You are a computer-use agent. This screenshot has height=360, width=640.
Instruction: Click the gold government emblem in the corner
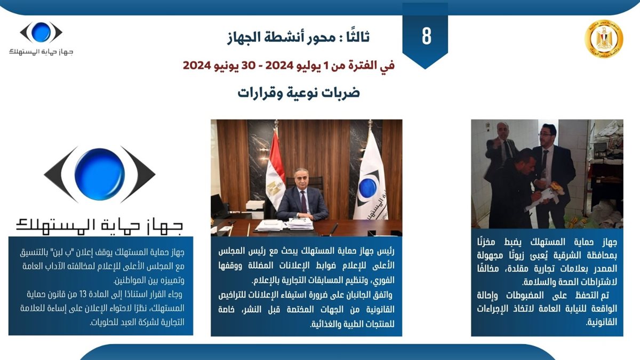[604, 39]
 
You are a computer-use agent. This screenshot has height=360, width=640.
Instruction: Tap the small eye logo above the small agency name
[41, 33]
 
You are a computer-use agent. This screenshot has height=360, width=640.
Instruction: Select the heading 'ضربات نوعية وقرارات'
[299, 93]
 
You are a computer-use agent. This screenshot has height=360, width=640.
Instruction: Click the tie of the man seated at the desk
[303, 202]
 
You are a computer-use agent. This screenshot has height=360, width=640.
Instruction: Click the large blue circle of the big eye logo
[99, 174]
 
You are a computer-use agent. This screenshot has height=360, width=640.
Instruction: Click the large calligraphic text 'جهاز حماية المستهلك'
[99, 226]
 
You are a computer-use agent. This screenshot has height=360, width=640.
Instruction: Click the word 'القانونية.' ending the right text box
[602, 322]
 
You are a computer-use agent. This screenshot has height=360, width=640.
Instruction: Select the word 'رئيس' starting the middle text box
[386, 251]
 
